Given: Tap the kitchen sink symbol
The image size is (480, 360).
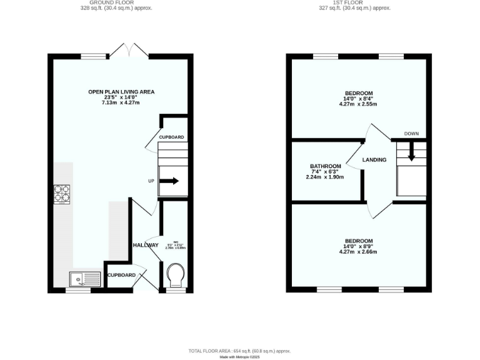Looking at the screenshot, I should coord(85,279).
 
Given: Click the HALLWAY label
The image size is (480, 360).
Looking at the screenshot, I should coord(146,246).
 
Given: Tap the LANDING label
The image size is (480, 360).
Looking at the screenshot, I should coord(374,160).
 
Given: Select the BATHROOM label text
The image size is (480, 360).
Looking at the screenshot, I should coord(326,166).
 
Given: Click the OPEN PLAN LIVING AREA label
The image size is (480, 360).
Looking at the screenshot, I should coord(121,92).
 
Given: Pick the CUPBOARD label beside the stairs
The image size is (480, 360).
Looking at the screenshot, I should coord(171,137).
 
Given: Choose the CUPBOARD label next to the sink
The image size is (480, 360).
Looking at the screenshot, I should coord(121,275).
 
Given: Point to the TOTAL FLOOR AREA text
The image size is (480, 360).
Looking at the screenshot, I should coord(240,351).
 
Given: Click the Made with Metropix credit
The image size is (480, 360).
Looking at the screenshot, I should coord(240,357).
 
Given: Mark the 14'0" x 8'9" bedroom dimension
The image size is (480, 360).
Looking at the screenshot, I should coord(359,247).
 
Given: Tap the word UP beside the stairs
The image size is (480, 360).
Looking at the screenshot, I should coord(151,181).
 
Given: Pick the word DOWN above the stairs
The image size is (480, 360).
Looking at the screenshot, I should coord(411,134).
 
